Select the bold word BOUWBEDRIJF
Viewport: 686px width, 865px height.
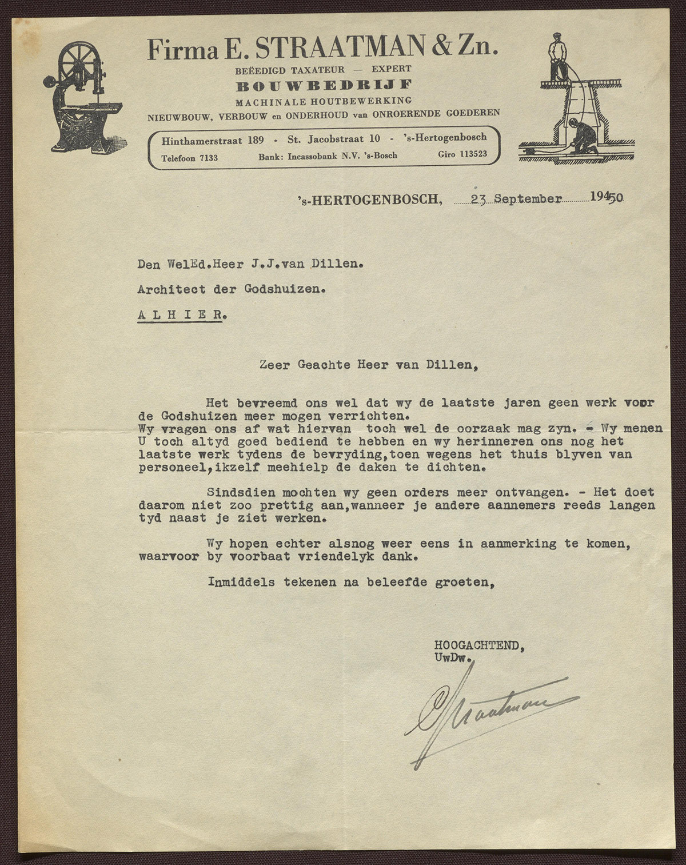324,86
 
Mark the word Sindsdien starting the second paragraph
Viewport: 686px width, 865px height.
234,492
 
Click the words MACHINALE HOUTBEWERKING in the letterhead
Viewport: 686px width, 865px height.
324,99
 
